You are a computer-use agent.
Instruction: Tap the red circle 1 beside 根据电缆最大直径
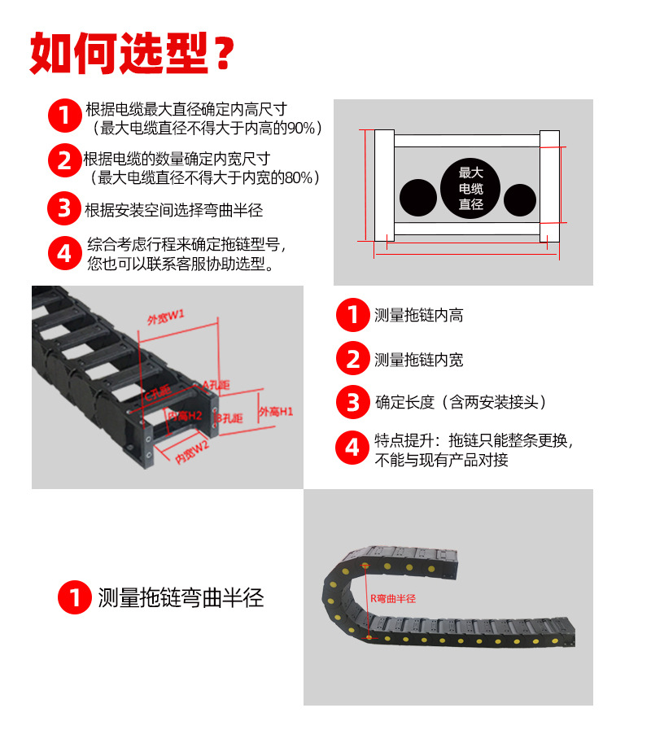tap(63, 116)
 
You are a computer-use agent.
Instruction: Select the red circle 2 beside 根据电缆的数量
tap(63, 160)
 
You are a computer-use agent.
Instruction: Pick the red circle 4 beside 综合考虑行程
tap(63, 253)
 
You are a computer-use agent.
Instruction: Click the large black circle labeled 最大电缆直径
tap(471, 187)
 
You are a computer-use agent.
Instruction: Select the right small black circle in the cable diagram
tap(520, 199)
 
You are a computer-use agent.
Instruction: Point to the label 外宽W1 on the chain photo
tap(165, 316)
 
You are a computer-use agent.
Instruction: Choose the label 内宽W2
tap(192, 452)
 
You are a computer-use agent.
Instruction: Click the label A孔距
tap(216, 383)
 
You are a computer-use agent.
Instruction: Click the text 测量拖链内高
tap(418, 316)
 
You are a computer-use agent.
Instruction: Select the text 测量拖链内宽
tap(418, 360)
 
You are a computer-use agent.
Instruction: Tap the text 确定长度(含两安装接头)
tap(461, 402)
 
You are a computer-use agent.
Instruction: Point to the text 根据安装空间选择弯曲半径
tap(174, 210)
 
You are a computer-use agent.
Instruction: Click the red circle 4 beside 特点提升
tap(352, 448)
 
